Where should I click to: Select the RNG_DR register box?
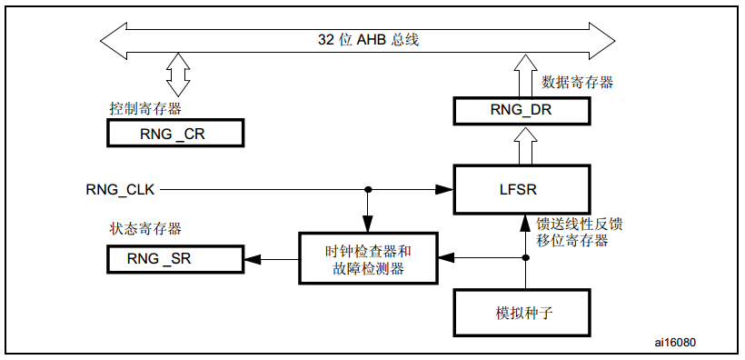coord(521,111)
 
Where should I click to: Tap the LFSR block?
coord(521,190)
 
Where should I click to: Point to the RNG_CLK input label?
coord(121,190)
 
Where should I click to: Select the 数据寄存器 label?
coord(577,82)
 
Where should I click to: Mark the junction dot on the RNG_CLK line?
coord(367,190)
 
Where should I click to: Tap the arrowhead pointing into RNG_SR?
coord(251,260)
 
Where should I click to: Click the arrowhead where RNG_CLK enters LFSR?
coord(445,190)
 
